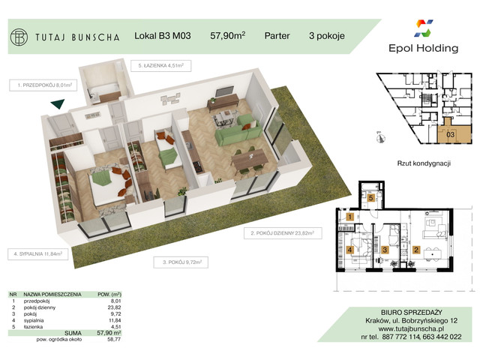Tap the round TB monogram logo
pos(20,36)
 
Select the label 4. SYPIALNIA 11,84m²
pos(37,253)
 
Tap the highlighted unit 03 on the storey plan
pos(450,134)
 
